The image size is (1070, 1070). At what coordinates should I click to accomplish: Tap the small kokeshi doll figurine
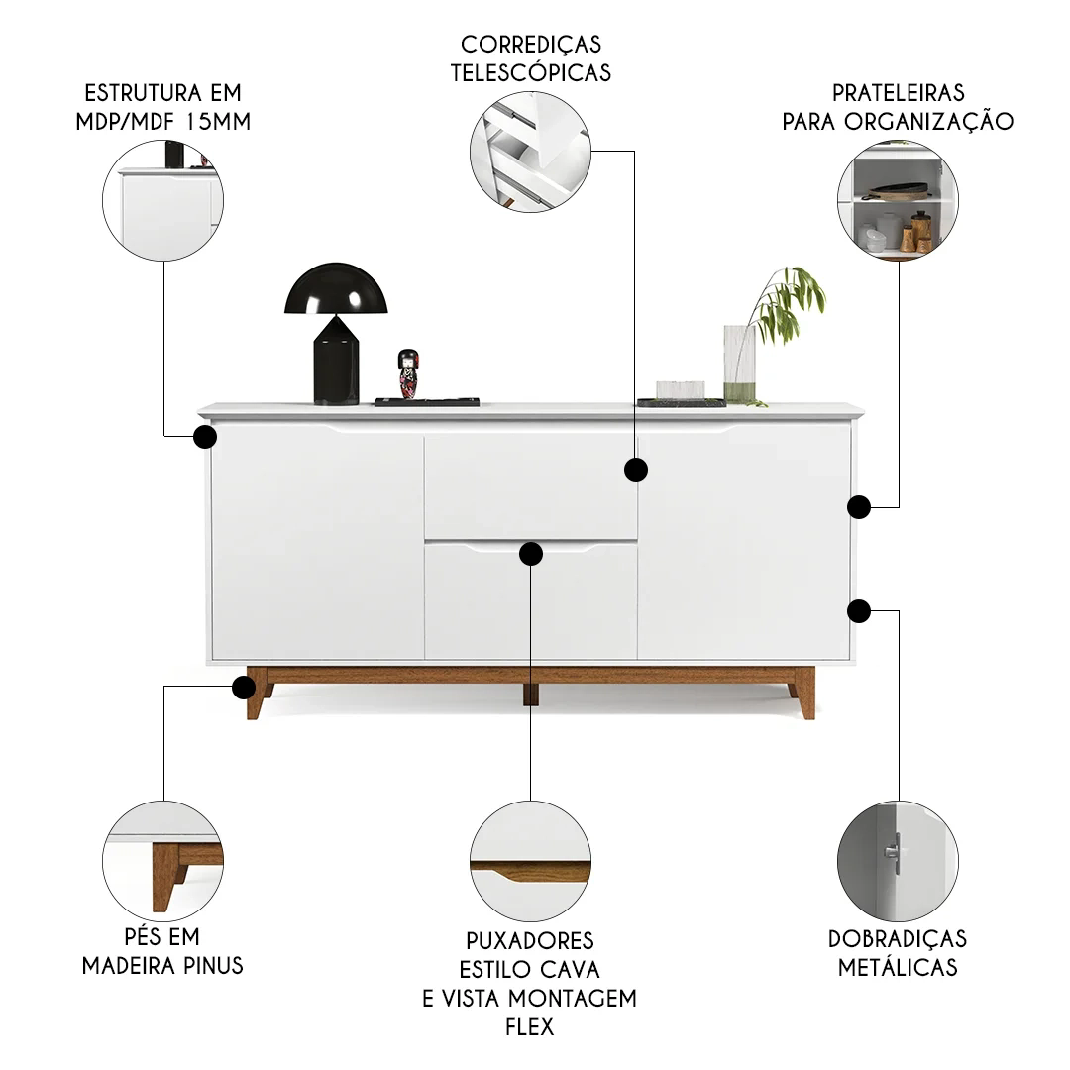pos(408,374)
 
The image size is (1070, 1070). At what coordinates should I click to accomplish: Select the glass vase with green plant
pos(739,364)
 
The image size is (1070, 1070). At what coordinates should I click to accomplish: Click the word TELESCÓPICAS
pos(531,73)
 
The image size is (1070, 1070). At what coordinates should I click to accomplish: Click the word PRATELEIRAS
pos(898,93)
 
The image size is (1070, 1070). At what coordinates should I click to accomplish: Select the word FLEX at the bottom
pos(529,1027)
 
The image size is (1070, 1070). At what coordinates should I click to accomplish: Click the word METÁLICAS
pos(898,967)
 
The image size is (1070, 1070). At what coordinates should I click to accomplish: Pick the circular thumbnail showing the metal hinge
pos(898,861)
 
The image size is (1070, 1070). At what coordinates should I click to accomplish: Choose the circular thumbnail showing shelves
pos(898,200)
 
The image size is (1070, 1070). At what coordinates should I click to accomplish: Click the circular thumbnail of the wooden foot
pos(163,861)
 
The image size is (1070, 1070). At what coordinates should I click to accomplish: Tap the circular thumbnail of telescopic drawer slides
pos(530,152)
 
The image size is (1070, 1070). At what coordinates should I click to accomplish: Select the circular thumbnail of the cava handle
pos(530,861)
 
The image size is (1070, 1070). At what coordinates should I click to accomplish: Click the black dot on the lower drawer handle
pos(531,554)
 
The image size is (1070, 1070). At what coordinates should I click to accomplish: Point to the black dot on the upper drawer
pos(636,470)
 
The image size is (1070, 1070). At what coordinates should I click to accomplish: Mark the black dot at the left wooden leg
pos(244,688)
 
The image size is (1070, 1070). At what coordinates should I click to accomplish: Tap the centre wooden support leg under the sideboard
pos(531,694)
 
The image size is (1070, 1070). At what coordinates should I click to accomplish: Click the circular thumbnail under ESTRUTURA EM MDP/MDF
pos(163,200)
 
